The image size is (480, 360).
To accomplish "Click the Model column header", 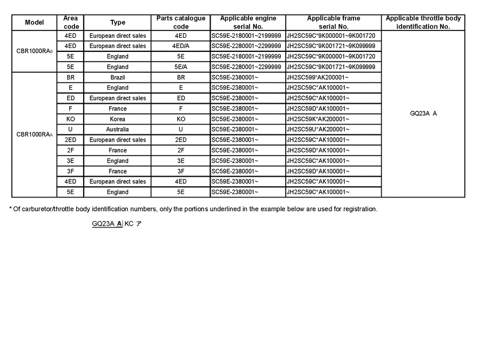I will click(34, 23).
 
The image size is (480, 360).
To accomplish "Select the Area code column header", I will click(71, 23).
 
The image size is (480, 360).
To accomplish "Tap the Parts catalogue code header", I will click(181, 23).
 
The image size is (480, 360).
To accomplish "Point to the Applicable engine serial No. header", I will click(248, 23).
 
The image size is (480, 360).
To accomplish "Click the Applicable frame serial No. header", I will click(333, 23).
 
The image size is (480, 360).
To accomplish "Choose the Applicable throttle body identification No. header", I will click(423, 23).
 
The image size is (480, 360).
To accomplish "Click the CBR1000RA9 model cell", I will click(34, 51).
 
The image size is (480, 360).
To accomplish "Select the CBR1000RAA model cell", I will click(34, 135).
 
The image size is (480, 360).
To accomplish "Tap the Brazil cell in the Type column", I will click(117, 77).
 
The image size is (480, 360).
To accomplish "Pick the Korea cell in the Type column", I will click(117, 119).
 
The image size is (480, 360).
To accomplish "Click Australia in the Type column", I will click(117, 129).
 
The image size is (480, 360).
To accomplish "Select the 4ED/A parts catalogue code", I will click(181, 46).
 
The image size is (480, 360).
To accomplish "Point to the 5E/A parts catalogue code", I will click(181, 67).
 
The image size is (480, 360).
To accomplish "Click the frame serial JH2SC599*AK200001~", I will click(318, 77).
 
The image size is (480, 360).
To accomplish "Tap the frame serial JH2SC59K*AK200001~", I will click(318, 119).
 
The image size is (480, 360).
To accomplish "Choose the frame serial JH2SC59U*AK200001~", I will click(318, 129).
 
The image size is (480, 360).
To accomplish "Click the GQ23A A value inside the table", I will click(423, 113).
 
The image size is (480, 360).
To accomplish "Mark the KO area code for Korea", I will click(71, 119).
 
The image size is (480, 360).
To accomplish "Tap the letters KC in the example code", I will click(129, 223).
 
